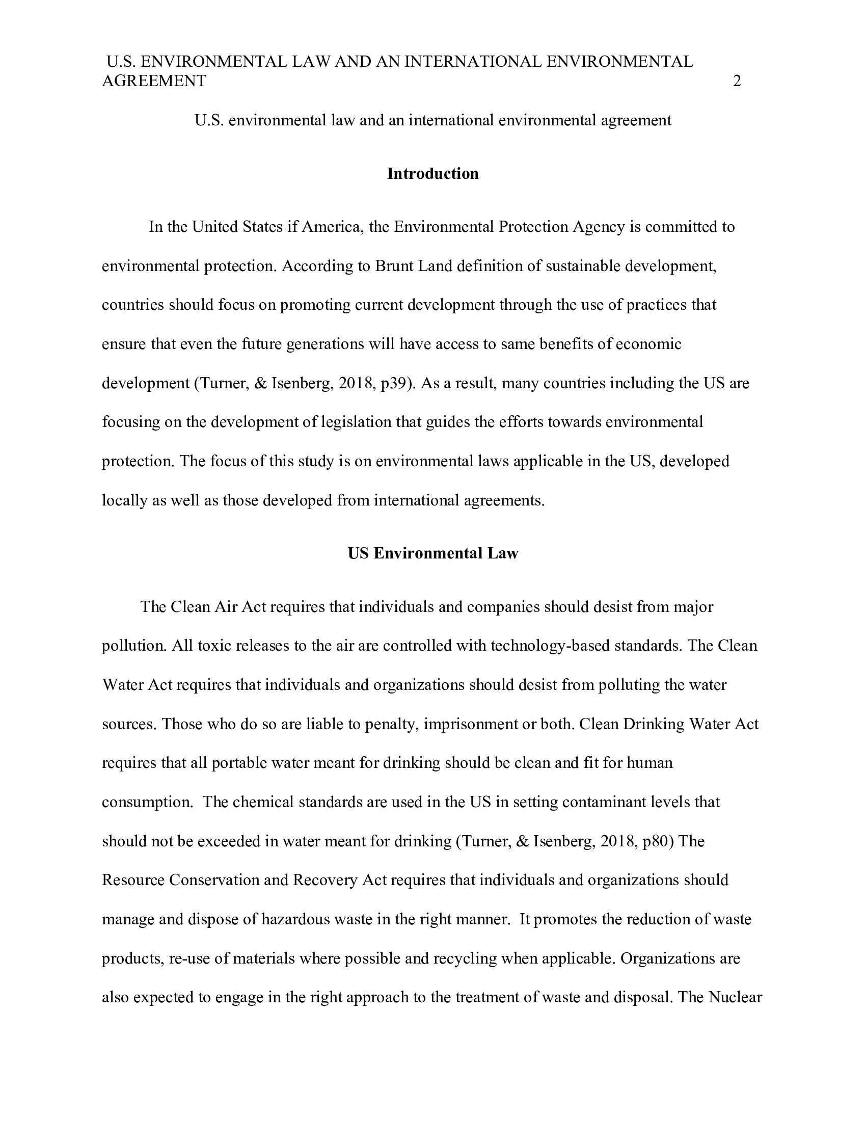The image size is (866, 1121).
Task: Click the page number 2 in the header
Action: click(737, 81)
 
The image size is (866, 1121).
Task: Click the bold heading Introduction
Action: click(432, 173)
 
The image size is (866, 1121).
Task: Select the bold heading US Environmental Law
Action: click(432, 553)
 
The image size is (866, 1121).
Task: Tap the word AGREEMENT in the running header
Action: click(154, 81)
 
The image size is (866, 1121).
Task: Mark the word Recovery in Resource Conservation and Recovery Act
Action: click(325, 880)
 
